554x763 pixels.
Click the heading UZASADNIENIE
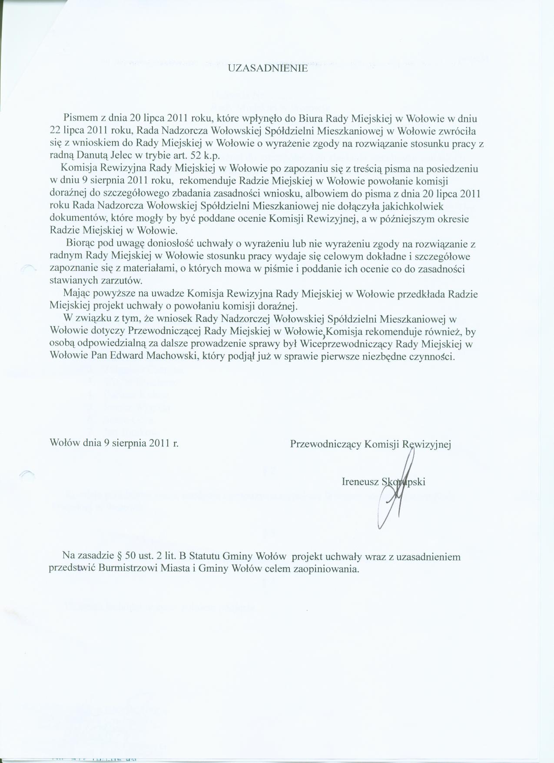coord(268,68)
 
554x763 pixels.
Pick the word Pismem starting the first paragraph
coord(80,118)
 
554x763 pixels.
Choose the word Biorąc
coord(82,244)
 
